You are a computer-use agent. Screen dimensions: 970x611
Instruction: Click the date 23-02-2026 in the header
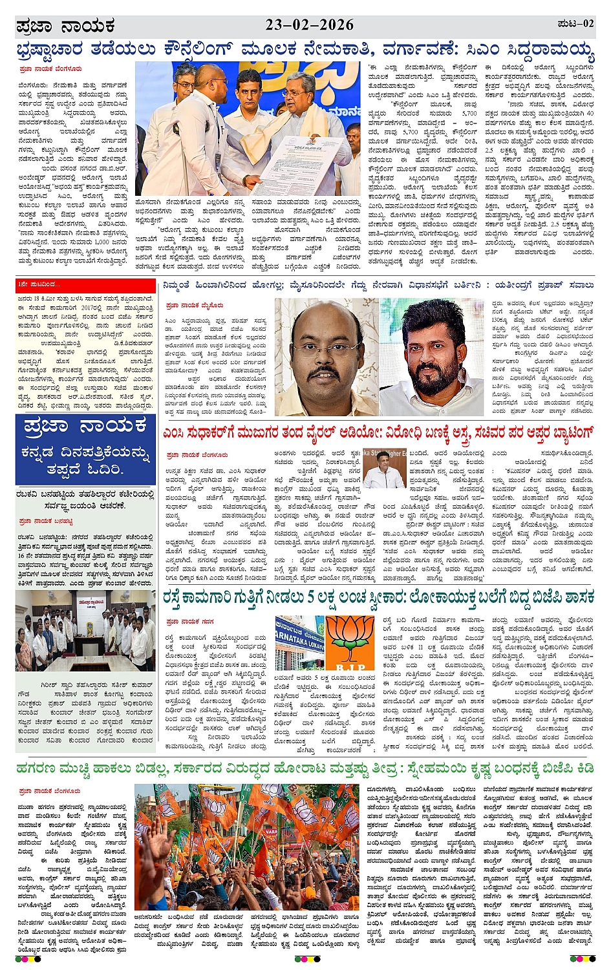point(310,25)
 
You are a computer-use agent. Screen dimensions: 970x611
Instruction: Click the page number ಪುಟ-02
point(575,24)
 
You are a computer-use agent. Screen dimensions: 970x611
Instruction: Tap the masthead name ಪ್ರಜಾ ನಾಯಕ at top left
point(65,26)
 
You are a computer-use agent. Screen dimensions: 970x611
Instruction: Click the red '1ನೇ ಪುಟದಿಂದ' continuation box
point(40,284)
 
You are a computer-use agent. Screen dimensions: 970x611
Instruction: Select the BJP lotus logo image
point(350,643)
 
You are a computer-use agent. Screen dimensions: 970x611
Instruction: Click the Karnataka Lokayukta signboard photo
point(299,643)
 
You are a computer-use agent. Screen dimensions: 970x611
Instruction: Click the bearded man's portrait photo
point(431,357)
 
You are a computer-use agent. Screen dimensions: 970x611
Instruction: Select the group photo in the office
point(85,631)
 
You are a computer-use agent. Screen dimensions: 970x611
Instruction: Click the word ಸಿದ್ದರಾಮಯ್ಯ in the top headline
point(552,50)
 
